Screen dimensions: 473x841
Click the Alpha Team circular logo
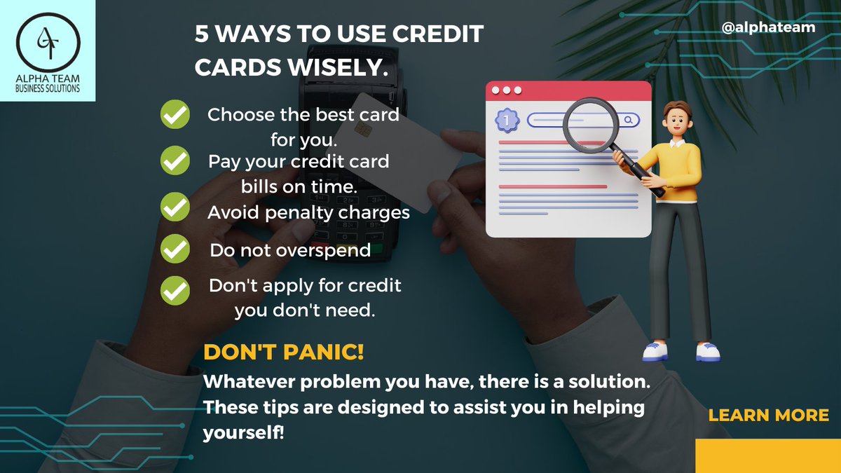48,41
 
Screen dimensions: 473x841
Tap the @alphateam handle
769,27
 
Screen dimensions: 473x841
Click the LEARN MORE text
768,415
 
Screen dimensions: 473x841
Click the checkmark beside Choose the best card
175,115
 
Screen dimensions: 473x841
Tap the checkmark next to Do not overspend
175,249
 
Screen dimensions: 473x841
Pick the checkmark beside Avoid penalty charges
175,207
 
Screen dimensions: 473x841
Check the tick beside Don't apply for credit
175,291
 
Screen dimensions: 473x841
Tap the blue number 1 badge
506,120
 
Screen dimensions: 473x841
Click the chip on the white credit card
362,129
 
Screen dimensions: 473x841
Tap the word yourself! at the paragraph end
243,432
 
